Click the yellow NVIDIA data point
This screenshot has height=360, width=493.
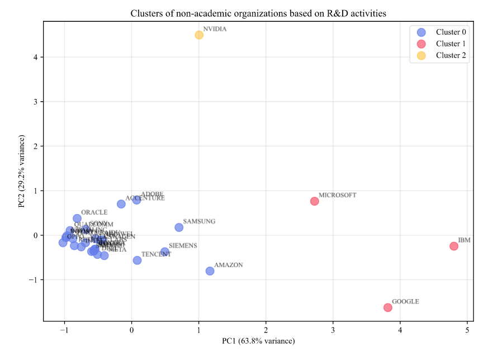pos(199,35)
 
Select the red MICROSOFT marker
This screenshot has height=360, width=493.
pos(314,201)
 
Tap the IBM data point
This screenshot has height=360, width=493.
pos(454,246)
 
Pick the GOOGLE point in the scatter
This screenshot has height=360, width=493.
pos(388,307)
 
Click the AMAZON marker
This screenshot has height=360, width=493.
pos(210,271)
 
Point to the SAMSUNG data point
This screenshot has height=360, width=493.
pos(179,228)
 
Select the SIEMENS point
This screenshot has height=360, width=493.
pos(165,252)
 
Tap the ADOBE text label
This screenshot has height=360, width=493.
pos(152,194)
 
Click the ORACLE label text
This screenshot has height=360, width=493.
pos(94,212)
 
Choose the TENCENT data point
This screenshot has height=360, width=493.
pos(137,260)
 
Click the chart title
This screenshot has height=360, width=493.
pos(258,13)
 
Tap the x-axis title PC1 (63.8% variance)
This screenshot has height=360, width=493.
pos(258,341)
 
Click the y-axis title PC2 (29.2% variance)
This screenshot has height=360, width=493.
pos(22,171)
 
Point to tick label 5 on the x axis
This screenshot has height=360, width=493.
pos(467,330)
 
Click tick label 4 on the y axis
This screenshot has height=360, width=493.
pos(35,57)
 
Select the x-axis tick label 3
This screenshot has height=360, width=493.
pos(333,330)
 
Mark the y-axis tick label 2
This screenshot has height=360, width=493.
pos(35,146)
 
